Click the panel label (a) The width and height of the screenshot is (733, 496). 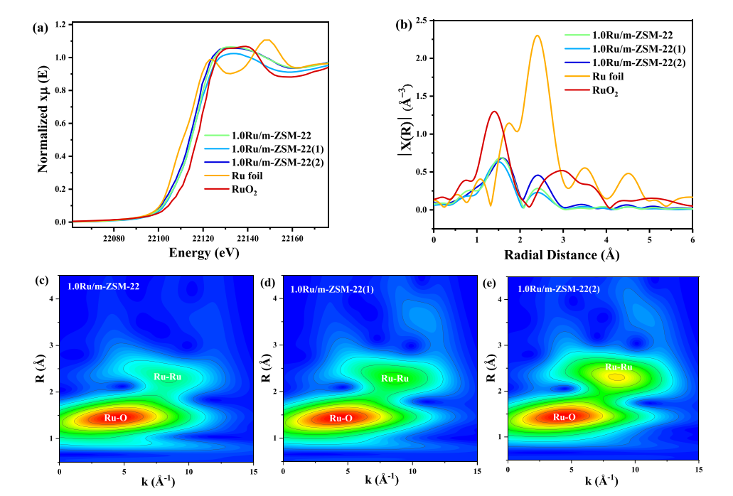(40, 28)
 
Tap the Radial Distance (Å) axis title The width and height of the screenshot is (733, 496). (561, 254)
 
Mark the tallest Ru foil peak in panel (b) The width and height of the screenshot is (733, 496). (537, 36)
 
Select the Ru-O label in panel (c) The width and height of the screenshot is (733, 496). (114, 417)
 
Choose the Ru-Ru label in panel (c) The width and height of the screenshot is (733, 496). (168, 377)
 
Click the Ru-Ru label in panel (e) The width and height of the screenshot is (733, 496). (619, 367)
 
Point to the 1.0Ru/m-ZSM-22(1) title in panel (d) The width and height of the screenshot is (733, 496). (334, 289)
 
